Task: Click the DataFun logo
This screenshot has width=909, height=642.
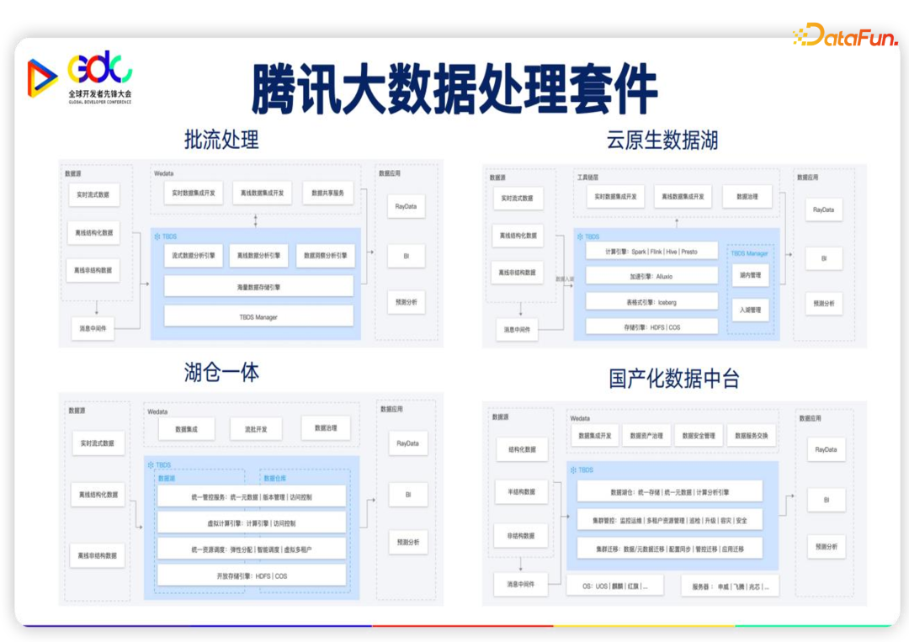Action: coord(843,34)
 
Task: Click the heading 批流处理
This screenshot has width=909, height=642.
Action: coord(221,139)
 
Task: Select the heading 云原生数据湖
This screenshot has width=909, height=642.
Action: coord(662,140)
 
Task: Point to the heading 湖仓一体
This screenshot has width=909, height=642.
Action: coord(221,372)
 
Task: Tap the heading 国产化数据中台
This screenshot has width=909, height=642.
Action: coord(674,379)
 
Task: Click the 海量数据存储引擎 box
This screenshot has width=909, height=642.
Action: coord(258,287)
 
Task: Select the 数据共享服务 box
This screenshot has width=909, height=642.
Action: coord(327,193)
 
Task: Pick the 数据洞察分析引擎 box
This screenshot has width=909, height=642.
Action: coord(325,255)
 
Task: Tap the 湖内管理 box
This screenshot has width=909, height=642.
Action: coord(749,275)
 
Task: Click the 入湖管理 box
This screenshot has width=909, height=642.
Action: coord(749,310)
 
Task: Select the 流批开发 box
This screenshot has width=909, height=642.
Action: coord(256,428)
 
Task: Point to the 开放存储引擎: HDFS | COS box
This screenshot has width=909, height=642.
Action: coord(252,576)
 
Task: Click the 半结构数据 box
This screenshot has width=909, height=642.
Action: coord(521,491)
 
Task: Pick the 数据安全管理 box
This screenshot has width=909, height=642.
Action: coord(699,436)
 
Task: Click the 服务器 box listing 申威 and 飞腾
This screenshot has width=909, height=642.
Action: coord(730,586)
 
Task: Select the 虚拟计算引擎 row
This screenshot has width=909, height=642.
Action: coord(252,523)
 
